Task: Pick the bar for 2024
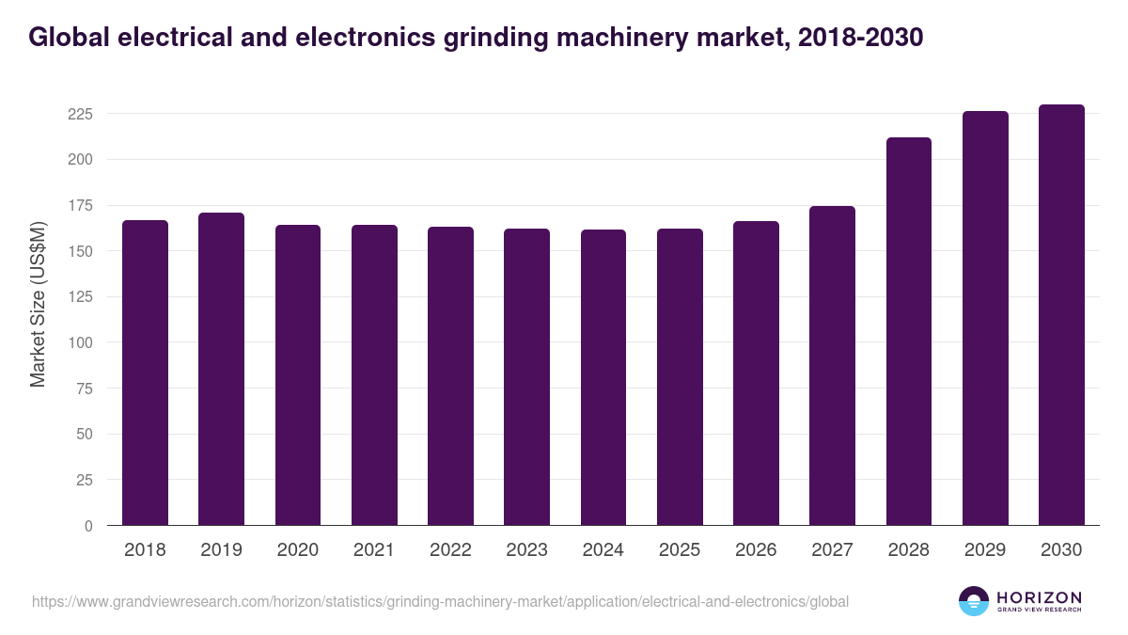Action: click(x=603, y=377)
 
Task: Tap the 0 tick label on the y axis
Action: click(x=88, y=526)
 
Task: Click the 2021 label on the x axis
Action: click(x=374, y=550)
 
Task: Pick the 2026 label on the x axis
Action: click(x=756, y=550)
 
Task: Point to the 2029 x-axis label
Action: click(x=985, y=550)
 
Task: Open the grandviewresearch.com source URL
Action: click(x=440, y=601)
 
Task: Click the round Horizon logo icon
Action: click(x=974, y=601)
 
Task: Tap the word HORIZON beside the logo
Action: click(x=1040, y=596)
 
